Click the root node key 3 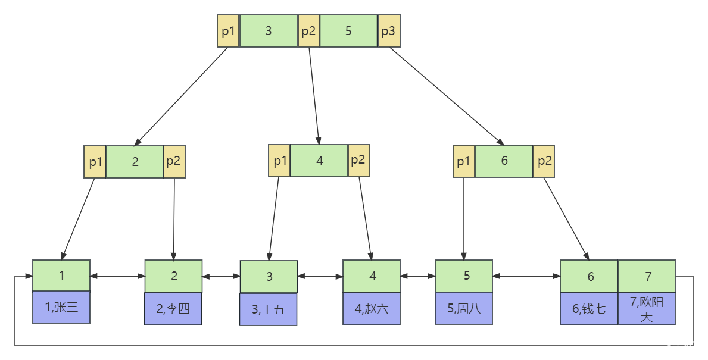point(268,31)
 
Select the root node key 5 point(348,31)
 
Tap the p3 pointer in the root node point(389,31)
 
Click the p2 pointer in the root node point(309,31)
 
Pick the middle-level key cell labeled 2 point(135,161)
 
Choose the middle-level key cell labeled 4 point(319,161)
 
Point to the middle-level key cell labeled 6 point(504,161)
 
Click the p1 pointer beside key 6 point(464,161)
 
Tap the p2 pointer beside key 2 point(174,161)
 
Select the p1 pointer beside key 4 point(279,161)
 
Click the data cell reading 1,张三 point(61,307)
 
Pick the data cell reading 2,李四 point(173,309)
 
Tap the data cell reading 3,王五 point(268,309)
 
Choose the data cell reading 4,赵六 point(372,309)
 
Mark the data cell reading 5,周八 point(464,308)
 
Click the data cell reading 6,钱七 point(589,309)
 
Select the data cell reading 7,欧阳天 point(647,309)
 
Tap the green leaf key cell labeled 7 point(647,276)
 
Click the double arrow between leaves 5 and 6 point(526,276)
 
